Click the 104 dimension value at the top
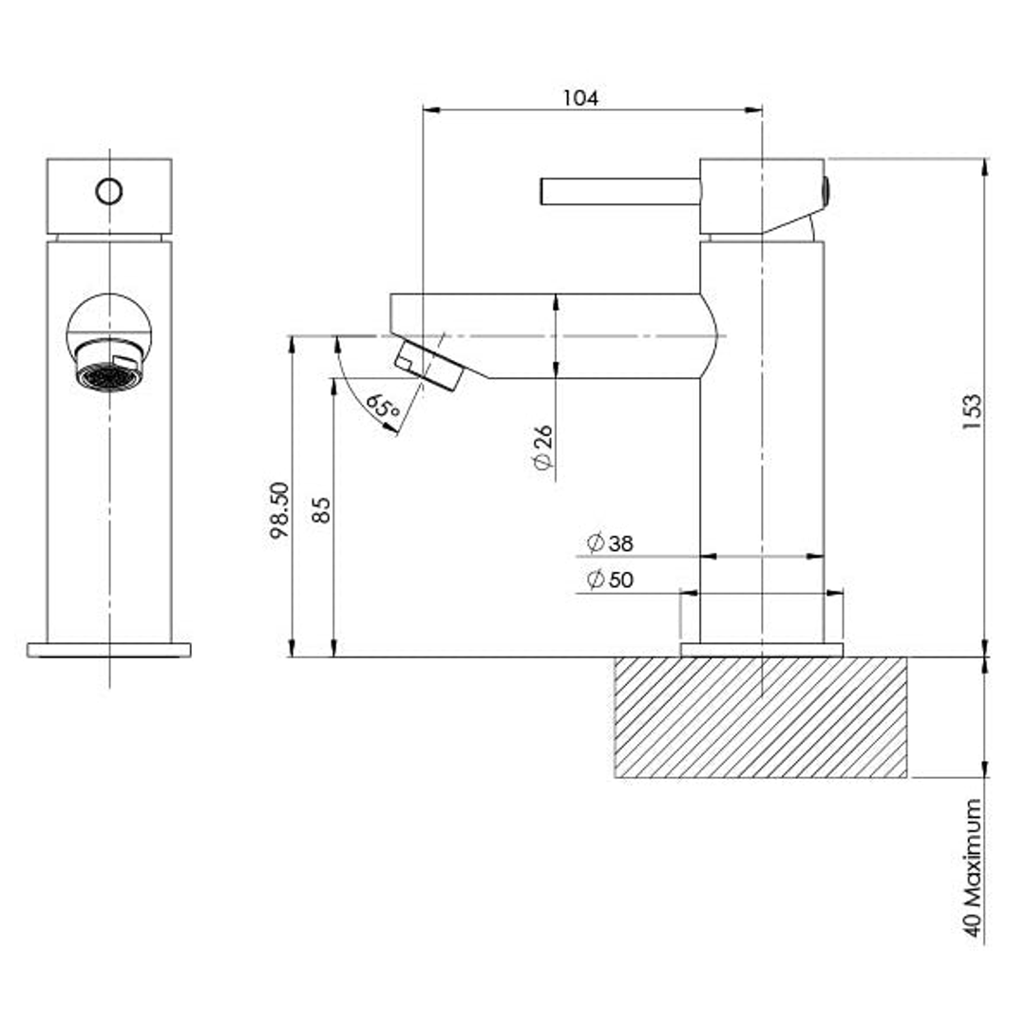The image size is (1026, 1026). (x=580, y=97)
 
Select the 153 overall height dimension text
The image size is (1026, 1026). (x=971, y=413)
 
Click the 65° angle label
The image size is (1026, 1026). (x=383, y=408)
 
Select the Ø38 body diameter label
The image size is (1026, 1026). (x=610, y=543)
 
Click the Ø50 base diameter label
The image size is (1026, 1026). (x=610, y=579)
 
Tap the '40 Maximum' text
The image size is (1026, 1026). (x=972, y=866)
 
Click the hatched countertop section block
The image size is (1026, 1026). (x=760, y=717)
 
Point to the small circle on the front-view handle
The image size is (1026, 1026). (x=109, y=192)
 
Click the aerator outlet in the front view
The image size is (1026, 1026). (x=108, y=375)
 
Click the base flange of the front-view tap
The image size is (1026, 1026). (x=109, y=650)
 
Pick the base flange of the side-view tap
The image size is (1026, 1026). (x=762, y=650)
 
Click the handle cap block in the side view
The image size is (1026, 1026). (x=760, y=195)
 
